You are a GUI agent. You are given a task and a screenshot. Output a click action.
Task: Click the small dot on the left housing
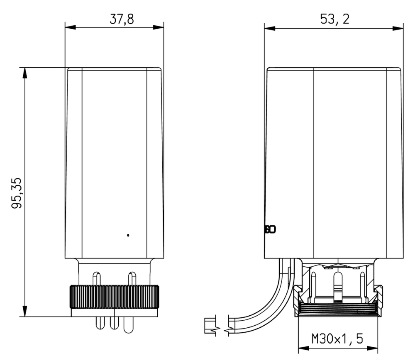coord(128,236)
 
